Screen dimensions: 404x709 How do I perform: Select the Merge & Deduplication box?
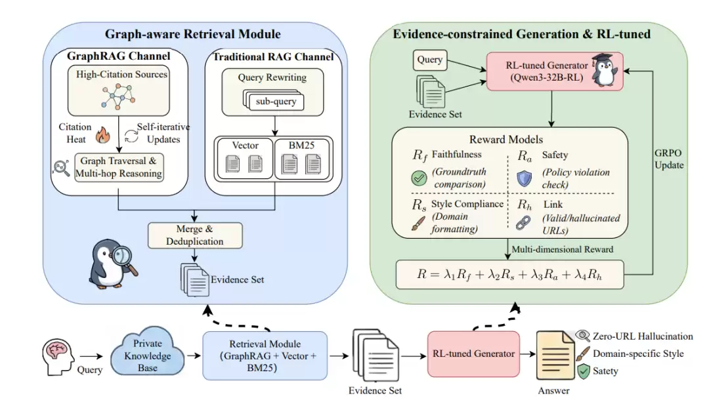195,234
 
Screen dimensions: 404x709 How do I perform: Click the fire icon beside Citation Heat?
102,135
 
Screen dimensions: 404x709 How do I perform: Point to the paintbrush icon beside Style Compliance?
418,224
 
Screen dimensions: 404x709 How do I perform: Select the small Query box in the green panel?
431,60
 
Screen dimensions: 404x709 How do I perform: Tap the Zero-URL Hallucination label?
643,336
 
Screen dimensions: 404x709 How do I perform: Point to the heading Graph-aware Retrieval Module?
193,34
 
